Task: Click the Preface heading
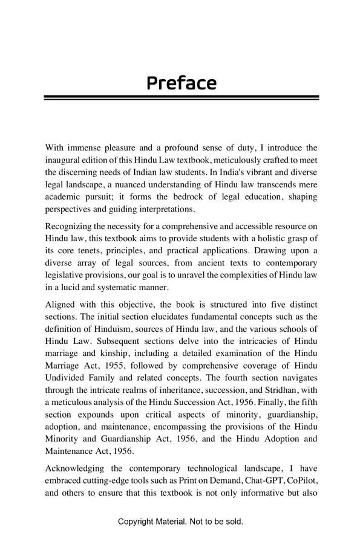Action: coord(181,83)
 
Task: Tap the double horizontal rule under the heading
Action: coord(181,97)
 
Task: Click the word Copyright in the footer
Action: coord(136,521)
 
